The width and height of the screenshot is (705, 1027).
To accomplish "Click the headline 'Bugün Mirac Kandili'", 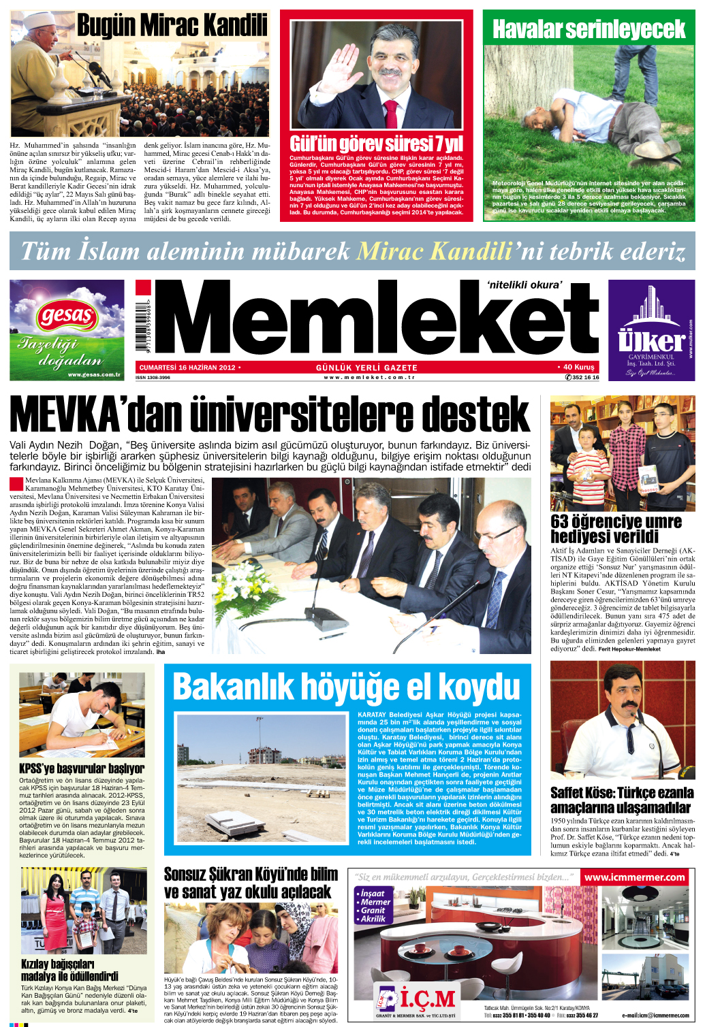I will [172, 26].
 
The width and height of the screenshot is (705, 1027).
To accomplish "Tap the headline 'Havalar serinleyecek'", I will [589, 29].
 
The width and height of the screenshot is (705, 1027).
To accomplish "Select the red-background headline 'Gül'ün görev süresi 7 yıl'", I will [376, 144].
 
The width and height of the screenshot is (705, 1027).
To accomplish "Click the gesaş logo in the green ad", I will [67, 315].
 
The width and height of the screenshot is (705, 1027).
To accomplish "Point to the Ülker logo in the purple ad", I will [651, 340].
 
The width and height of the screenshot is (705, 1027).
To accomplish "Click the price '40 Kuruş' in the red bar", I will [578, 367].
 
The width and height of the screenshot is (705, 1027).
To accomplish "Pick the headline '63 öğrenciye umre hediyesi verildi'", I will [616, 529].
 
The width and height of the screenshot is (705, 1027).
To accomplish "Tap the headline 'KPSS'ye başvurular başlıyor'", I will [82, 768].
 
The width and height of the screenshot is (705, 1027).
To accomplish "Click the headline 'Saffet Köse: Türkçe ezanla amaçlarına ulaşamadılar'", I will [622, 800].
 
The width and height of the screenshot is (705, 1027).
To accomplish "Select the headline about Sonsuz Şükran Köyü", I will [251, 883].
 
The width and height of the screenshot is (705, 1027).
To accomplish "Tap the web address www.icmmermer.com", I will [634, 877].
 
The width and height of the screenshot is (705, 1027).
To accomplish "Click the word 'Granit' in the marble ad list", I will [373, 910].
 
